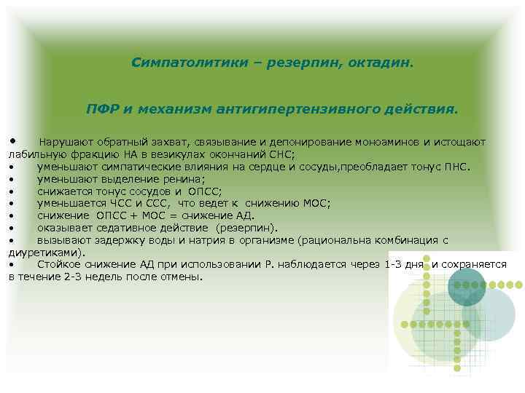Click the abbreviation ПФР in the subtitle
[102, 108]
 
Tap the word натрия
[182, 239]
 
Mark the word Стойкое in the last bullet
[57, 264]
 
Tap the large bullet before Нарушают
[12, 140]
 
